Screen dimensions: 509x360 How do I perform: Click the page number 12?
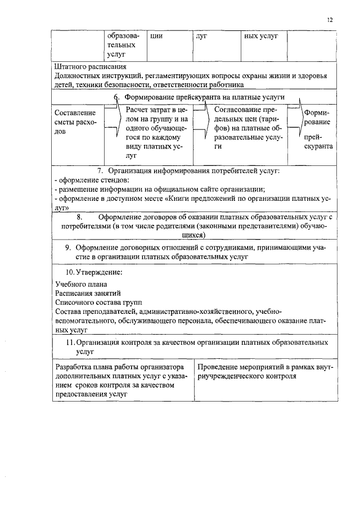coord(330,20)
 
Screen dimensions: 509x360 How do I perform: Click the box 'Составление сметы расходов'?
coord(76,122)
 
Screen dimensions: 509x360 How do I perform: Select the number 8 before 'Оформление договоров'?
coord(80,217)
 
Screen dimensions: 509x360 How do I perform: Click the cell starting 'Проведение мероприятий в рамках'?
coord(265,371)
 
